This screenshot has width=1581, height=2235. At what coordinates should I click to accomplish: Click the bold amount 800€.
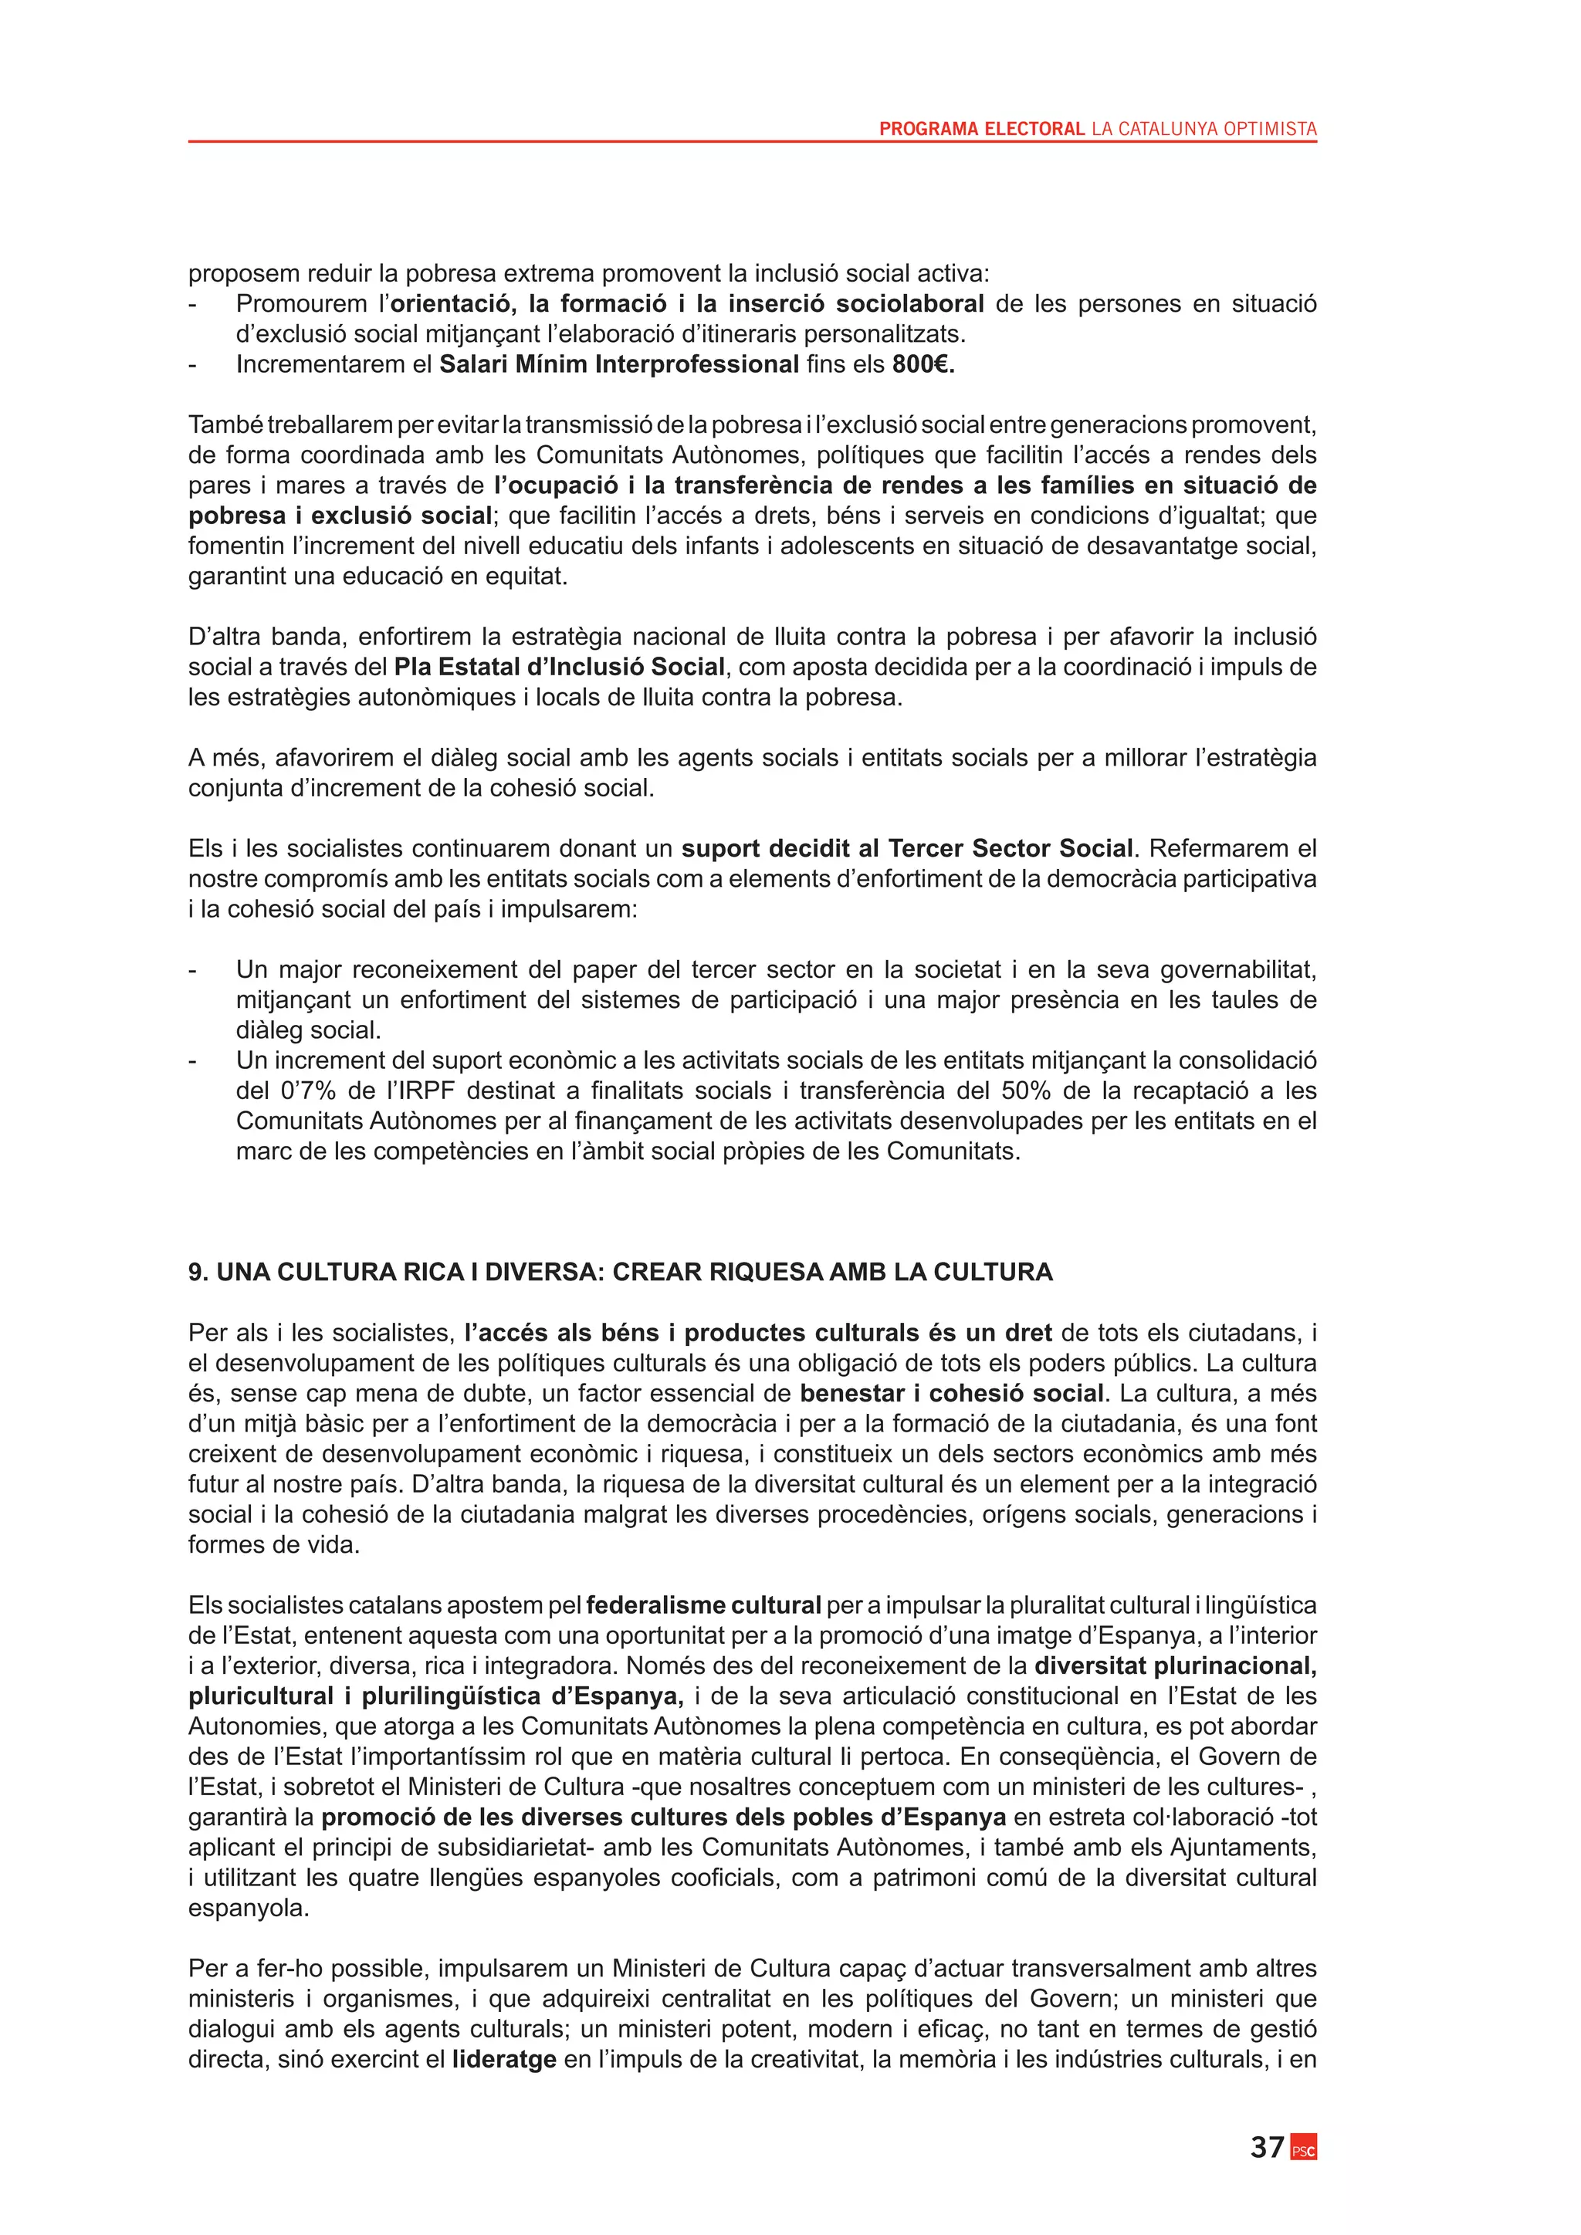coord(923,364)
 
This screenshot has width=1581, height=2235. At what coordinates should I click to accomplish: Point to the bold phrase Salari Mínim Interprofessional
coord(619,364)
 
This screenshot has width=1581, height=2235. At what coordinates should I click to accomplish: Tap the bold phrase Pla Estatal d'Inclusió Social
coord(559,667)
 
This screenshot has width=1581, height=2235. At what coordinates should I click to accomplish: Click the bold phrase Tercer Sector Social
coord(1011,848)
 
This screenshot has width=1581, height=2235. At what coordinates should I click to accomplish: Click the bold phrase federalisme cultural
coord(704,1605)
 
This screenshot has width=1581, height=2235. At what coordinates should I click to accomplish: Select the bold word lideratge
coord(504,2059)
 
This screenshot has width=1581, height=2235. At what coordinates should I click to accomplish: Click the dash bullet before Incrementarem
coord(193,364)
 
